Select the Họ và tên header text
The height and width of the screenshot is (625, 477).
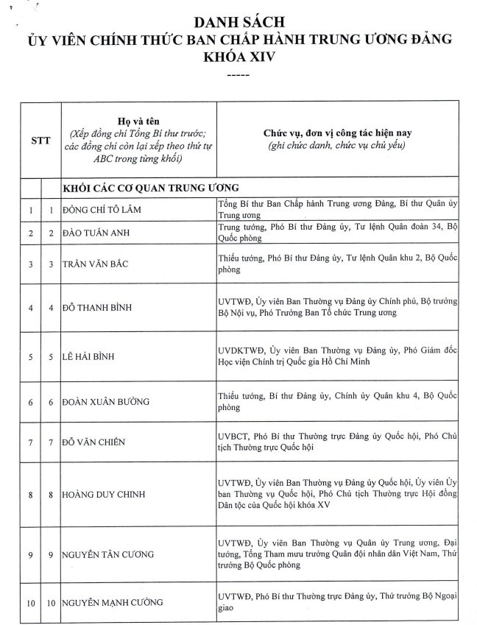[138, 120]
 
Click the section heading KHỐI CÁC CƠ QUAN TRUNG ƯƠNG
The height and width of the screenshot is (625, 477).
[150, 187]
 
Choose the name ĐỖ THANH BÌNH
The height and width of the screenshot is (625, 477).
[107, 307]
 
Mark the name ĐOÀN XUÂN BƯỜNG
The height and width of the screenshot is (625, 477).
[107, 401]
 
